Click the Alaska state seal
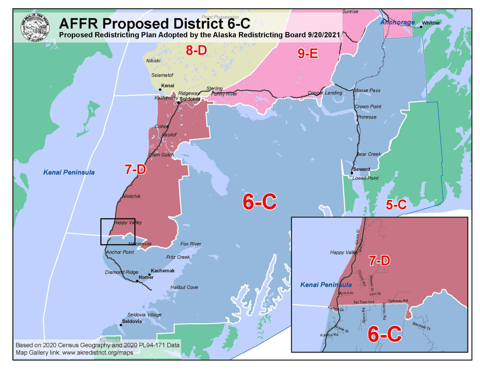[35, 27]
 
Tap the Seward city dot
[352, 173]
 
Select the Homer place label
[146, 277]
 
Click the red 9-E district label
[307, 53]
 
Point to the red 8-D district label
[196, 50]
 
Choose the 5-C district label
[396, 205]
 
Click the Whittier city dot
[421, 27]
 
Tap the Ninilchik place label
[131, 196]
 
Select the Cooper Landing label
[325, 93]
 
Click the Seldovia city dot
[121, 325]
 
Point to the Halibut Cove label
[184, 287]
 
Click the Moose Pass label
[367, 90]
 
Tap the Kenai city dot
[160, 89]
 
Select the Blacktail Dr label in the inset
[421, 326]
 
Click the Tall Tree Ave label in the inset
[363, 302]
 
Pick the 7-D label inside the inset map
[379, 261]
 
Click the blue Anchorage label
[397, 22]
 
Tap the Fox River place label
[191, 244]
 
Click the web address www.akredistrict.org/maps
[97, 352]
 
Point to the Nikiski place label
[153, 61]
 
